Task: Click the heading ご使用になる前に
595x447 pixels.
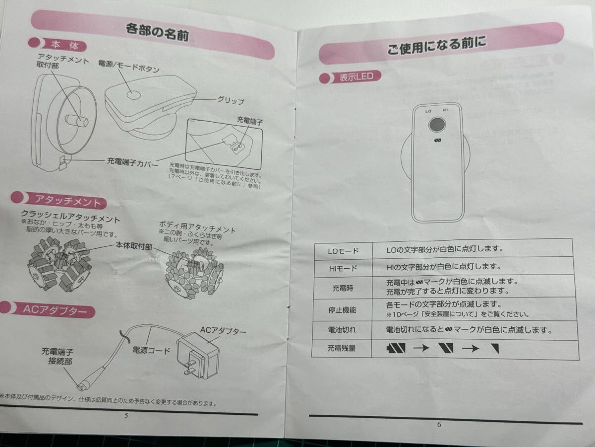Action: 437,46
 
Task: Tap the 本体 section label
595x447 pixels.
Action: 65,45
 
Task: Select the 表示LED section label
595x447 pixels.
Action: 357,77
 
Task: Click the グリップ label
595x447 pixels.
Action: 231,100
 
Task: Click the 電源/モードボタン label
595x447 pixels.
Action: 129,67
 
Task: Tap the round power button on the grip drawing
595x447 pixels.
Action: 134,95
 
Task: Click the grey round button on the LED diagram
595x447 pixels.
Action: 437,125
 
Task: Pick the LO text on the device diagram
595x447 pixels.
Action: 428,111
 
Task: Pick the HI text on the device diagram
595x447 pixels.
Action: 445,110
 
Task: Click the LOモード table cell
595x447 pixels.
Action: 343,251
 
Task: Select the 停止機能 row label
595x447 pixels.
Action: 342,310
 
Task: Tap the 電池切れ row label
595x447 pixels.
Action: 342,330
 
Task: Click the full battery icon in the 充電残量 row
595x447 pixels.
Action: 396,348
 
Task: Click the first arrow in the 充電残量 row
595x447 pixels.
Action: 421,348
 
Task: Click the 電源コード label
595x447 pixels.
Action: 151,350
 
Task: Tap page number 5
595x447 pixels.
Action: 126,416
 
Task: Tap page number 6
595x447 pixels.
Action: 439,424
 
